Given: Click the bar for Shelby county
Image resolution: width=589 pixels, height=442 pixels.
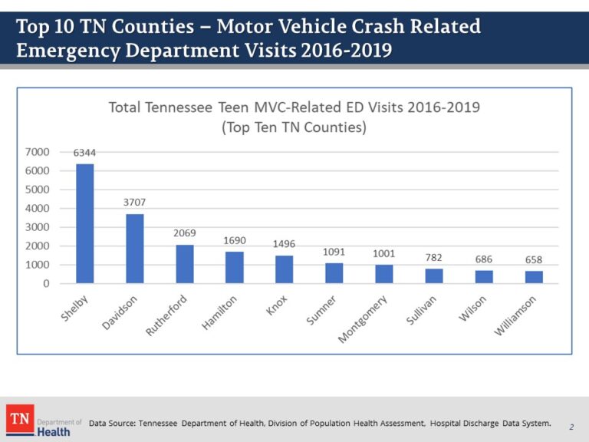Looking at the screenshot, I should pyautogui.click(x=85, y=223).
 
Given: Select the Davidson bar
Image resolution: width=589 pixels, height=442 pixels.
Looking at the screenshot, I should pyautogui.click(x=135, y=249).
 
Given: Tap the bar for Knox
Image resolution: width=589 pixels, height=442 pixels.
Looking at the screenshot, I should pyautogui.click(x=285, y=269).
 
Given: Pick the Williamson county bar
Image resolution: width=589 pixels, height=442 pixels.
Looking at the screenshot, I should pyautogui.click(x=534, y=277).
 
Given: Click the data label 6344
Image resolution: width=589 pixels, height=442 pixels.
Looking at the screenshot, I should pyautogui.click(x=85, y=153).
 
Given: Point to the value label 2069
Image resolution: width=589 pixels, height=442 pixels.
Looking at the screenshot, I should pyautogui.click(x=184, y=233).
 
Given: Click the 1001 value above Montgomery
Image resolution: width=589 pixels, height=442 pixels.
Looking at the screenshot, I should pyautogui.click(x=384, y=253).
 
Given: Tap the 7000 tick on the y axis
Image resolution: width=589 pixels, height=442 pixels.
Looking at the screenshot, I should pyautogui.click(x=38, y=152).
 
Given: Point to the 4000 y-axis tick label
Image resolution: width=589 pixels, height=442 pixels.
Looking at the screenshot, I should pyautogui.click(x=38, y=208).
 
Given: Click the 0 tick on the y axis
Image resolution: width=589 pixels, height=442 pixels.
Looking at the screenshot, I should pyautogui.click(x=46, y=283).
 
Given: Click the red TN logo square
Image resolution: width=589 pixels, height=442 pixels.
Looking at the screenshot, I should pyautogui.click(x=19, y=419).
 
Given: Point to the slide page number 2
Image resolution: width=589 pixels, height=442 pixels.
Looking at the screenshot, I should pyautogui.click(x=571, y=426).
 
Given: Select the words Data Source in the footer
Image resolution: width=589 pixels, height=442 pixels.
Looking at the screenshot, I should pyautogui.click(x=112, y=423).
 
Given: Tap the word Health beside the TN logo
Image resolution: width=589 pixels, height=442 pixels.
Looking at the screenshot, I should pyautogui.click(x=54, y=431).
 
